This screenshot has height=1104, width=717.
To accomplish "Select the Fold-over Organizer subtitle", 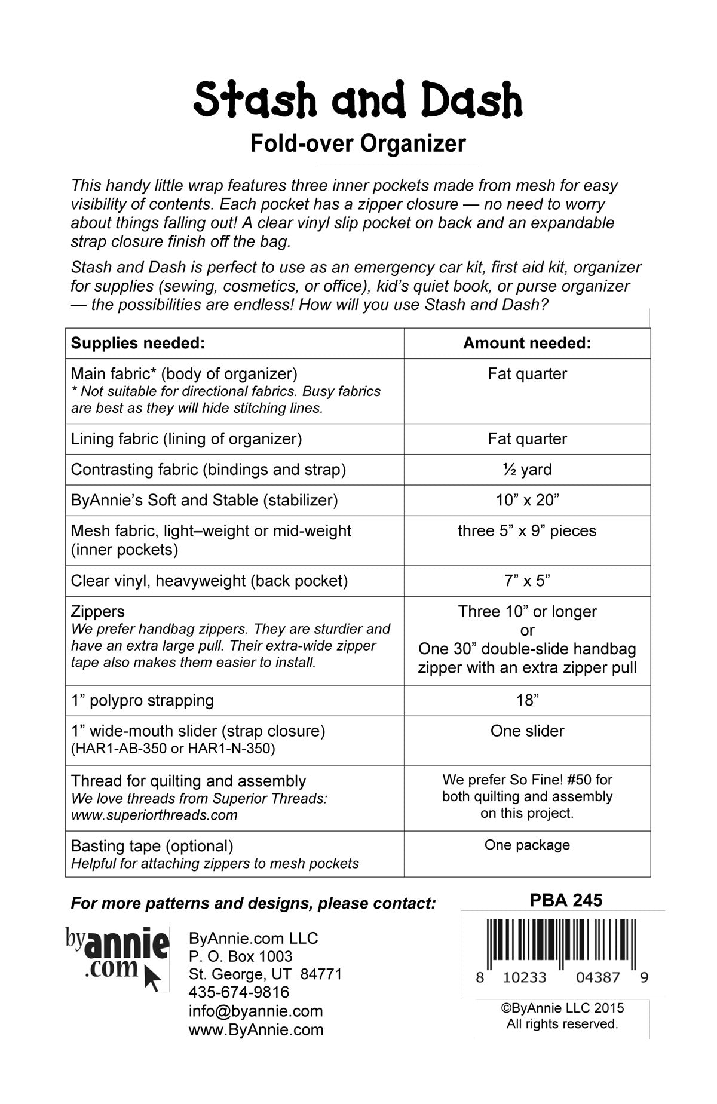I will pyautogui.click(x=358, y=144).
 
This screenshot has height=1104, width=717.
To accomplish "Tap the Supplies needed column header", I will pyautogui.click(x=138, y=343).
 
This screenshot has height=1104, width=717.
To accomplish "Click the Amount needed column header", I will pyautogui.click(x=527, y=343).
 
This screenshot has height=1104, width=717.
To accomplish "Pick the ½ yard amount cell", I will pyautogui.click(x=527, y=470).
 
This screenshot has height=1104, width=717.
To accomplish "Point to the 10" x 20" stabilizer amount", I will pyautogui.click(x=527, y=500).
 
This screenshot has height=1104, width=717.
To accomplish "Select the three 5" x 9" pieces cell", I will pyautogui.click(x=527, y=531).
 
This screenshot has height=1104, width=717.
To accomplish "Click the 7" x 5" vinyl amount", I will pyautogui.click(x=527, y=581).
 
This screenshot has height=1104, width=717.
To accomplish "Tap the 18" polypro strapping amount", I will pyautogui.click(x=527, y=700).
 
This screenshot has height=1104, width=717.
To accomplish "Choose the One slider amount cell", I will pyautogui.click(x=527, y=731).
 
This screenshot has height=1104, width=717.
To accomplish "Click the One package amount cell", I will pyautogui.click(x=527, y=845).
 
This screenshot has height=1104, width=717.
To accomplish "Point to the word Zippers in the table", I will pyautogui.click(x=98, y=612).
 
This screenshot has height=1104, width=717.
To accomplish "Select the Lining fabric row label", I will pyautogui.click(x=186, y=439).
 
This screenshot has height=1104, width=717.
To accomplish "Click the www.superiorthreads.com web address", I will pyautogui.click(x=154, y=815).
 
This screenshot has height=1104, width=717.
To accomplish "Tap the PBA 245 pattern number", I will pyautogui.click(x=566, y=900).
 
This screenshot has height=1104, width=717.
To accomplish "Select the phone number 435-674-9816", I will pyautogui.click(x=239, y=992).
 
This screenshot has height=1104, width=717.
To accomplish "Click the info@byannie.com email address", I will pyautogui.click(x=256, y=1011).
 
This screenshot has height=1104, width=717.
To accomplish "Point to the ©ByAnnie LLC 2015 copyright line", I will pyautogui.click(x=562, y=1008).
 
